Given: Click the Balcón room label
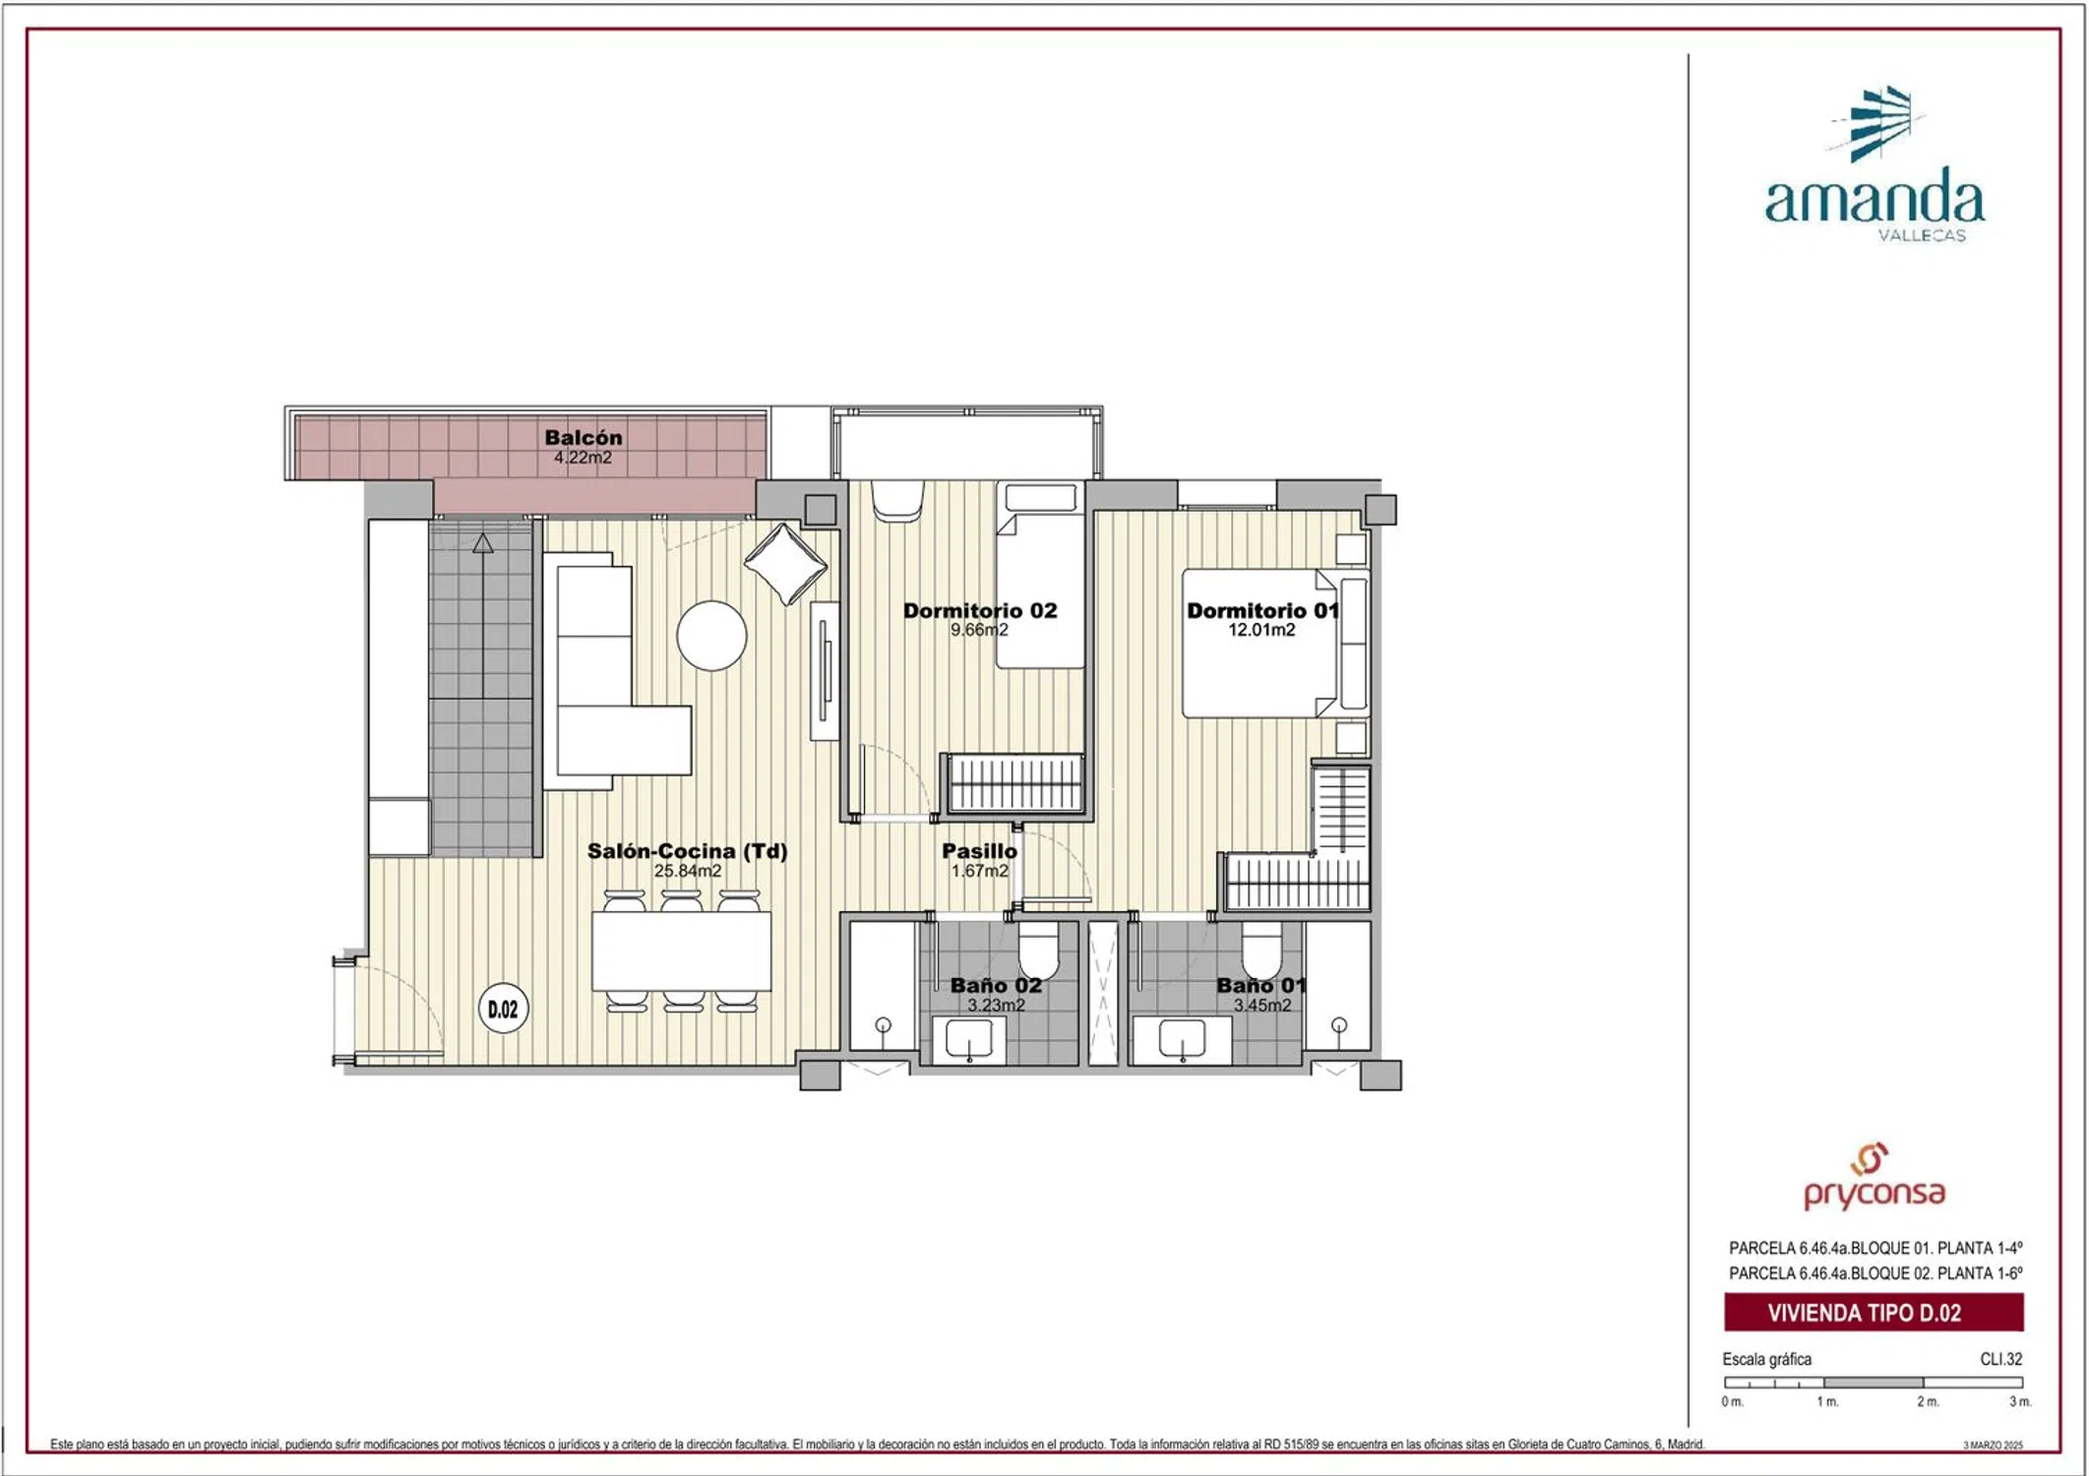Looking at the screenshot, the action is coord(584,437).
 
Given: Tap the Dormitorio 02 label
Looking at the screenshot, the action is coord(980,610).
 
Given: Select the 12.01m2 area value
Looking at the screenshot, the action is coord(1261,630).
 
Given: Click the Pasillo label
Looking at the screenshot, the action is coord(979,851).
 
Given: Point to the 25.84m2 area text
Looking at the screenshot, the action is coord(688,871).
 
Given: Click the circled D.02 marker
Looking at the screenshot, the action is coord(503,1010).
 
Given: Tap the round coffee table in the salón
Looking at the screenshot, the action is coord(711,636).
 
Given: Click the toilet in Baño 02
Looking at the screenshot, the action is coord(1037,950).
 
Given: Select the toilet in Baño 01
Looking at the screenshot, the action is coord(1261,950).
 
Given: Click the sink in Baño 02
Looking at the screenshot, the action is coord(969,1040).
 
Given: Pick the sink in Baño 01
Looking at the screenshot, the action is coord(1182,1040).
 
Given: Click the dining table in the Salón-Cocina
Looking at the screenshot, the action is coord(681,952).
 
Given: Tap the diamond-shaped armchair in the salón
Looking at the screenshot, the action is coord(785,564).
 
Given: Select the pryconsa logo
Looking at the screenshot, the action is coord(1874,1177).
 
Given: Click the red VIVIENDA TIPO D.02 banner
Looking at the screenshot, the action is coord(1874,1313).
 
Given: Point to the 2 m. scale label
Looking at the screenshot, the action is coord(1928,1401).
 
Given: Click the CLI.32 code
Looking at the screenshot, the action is coord(2001,1359).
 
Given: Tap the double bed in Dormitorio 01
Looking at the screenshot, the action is coord(1260,644).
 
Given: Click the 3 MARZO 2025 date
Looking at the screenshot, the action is coord(1994,1445).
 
